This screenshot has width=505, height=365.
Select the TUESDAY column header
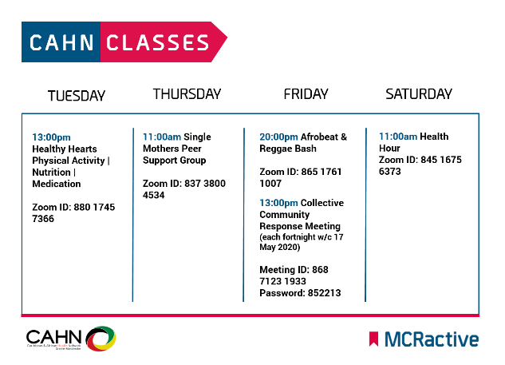(x=77, y=96)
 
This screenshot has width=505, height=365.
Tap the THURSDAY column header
(x=187, y=94)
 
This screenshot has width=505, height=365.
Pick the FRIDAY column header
(x=306, y=94)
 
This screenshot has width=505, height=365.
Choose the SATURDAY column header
(x=419, y=94)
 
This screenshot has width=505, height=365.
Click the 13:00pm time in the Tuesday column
(x=51, y=137)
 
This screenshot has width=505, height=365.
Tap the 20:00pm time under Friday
(x=278, y=137)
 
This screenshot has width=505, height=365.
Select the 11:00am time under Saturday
(x=398, y=137)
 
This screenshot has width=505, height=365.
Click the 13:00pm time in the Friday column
(x=278, y=202)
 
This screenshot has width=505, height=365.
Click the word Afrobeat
(x=319, y=137)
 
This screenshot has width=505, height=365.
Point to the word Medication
(x=57, y=183)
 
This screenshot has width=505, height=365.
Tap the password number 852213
(x=322, y=293)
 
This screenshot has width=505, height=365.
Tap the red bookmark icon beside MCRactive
(x=373, y=339)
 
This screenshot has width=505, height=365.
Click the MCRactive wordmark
(x=431, y=339)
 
